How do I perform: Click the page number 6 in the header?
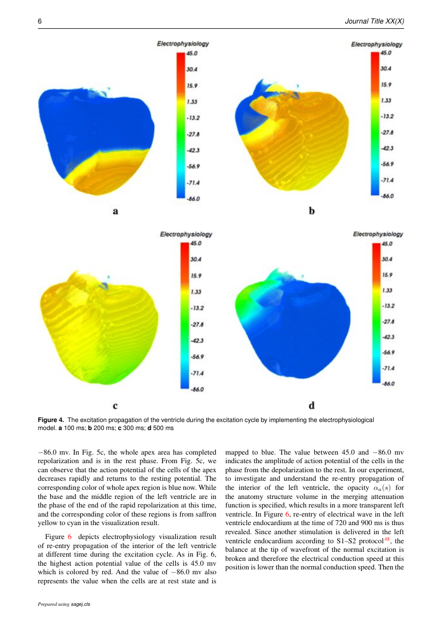click(40, 21)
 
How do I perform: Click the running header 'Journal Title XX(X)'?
click(374, 21)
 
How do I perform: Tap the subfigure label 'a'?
click(115, 211)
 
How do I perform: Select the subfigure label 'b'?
click(312, 210)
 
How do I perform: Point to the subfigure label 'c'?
click(115, 406)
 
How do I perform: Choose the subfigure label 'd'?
click(312, 405)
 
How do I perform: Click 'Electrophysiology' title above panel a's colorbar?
click(183, 43)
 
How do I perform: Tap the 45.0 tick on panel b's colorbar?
click(386, 52)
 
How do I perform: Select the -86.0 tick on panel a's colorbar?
click(193, 199)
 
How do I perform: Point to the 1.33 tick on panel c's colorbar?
click(196, 292)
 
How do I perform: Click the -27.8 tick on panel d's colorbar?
click(388, 321)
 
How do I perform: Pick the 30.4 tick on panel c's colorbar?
click(196, 259)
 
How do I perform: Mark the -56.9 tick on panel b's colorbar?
click(387, 164)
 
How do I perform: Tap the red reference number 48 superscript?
click(386, 538)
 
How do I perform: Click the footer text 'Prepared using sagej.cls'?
click(64, 604)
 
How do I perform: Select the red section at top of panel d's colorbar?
click(376, 255)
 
